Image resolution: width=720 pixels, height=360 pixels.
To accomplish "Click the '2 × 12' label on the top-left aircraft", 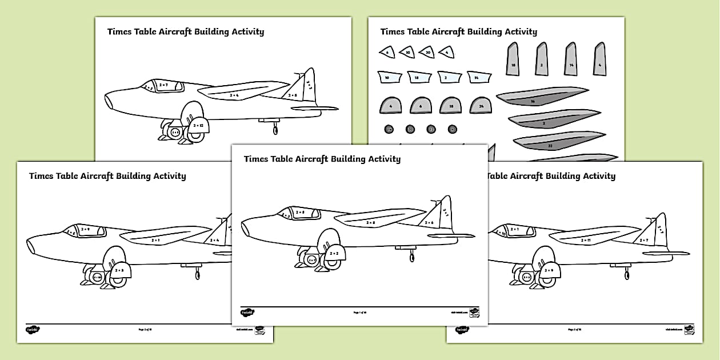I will click(198, 125).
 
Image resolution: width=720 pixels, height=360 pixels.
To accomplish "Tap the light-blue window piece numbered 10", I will click(387, 77).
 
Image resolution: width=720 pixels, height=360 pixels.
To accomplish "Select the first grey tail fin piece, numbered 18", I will click(513, 59).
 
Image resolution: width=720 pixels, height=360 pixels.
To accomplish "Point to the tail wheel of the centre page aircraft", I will click(411, 257).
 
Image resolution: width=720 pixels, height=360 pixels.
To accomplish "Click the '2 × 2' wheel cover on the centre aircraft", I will click(334, 253).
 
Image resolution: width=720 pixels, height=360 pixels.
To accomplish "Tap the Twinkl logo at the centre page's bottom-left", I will click(247, 313).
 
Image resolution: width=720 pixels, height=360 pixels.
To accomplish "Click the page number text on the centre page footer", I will click(358, 313).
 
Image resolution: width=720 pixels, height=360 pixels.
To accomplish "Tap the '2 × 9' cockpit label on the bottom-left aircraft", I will click(86, 229).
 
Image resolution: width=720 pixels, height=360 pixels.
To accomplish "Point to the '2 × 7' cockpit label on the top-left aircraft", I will click(163, 85).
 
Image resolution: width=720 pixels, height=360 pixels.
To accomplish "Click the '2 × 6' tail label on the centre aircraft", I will click(429, 222).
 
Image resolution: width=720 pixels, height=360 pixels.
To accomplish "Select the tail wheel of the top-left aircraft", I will click(275, 130).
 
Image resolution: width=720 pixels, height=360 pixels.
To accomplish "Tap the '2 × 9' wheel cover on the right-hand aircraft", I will click(549, 270).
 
